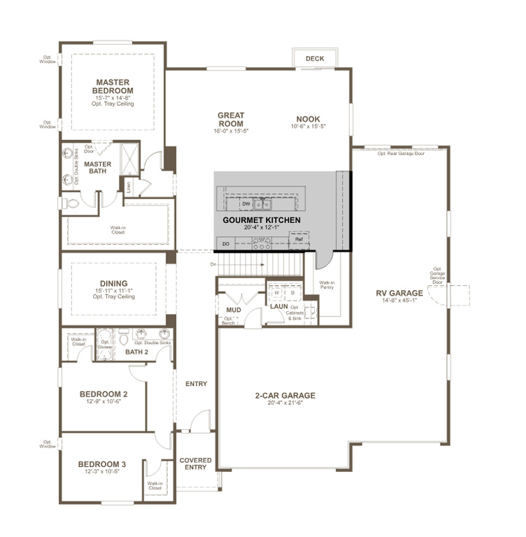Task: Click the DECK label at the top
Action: (x=315, y=59)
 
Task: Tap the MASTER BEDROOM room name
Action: (x=113, y=87)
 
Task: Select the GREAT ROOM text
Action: (x=230, y=120)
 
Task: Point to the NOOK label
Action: (x=308, y=119)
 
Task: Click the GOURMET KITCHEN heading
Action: (x=262, y=220)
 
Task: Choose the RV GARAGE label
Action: (x=399, y=293)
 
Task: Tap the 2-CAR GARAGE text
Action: (x=285, y=396)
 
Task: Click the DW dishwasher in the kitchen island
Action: (x=246, y=204)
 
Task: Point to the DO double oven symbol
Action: (x=225, y=243)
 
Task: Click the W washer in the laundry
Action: (x=277, y=293)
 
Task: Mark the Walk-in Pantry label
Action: (x=327, y=285)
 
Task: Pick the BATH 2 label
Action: (x=136, y=352)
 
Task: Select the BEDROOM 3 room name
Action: (x=102, y=464)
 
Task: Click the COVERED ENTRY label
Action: (x=195, y=464)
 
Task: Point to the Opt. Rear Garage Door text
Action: (x=400, y=153)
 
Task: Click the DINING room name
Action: (x=113, y=284)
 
